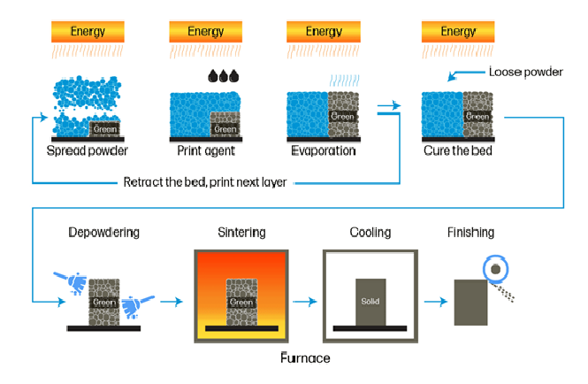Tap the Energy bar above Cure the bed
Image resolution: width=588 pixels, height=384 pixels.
coord(458,32)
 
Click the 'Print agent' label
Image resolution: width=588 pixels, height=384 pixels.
coord(204,151)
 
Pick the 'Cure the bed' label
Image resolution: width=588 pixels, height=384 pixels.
coord(458,151)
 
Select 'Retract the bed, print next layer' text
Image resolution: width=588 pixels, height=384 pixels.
coord(204,183)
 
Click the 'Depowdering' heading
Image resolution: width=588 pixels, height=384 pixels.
coord(104,233)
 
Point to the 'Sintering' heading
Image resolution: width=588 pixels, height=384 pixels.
coord(241,233)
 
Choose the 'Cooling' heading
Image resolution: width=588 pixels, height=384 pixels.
coord(370,233)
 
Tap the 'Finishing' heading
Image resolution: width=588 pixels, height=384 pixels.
coord(470,233)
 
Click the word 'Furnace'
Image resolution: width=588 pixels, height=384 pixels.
coord(305,358)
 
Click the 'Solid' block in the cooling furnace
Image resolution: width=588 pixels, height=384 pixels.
coord(370,302)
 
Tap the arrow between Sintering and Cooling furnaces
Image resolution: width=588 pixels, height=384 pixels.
coord(303,302)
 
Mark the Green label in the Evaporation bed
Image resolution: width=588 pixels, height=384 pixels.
coord(342,116)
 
